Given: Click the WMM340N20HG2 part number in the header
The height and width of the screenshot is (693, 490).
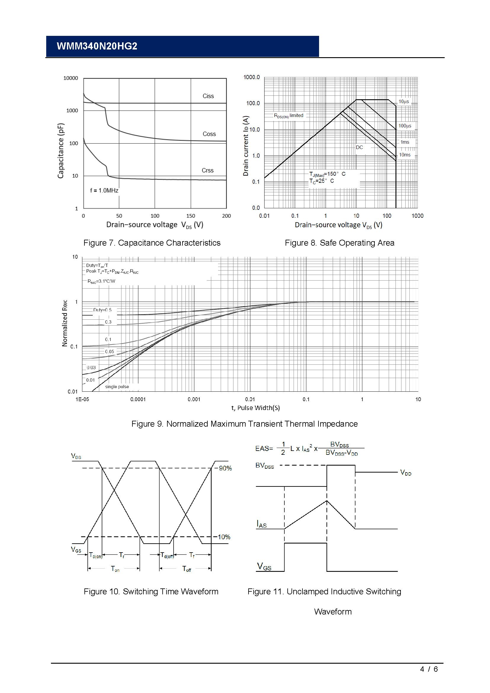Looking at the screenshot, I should [97, 46].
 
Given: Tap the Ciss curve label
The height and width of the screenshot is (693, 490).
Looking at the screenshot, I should [208, 96].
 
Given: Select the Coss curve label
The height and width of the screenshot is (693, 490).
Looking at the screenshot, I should [209, 134].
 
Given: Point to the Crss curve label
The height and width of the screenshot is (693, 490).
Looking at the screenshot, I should [208, 171].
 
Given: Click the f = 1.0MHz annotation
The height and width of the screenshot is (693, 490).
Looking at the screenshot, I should [104, 191].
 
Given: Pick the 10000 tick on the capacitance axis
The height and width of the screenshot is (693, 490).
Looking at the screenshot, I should [71, 78].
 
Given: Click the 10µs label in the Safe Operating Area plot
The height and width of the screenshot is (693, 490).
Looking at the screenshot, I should [404, 102].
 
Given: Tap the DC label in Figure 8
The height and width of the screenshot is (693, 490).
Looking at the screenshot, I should [359, 147].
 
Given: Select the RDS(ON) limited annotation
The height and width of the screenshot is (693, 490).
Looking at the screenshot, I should [289, 116].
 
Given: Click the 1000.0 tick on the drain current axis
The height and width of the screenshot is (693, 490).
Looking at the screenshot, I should [251, 77].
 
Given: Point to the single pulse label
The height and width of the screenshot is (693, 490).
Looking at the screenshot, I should [117, 387].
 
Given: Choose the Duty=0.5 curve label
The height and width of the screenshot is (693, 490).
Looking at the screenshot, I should [102, 310].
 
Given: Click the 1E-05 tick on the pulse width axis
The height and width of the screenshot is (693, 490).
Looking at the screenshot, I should [82, 399].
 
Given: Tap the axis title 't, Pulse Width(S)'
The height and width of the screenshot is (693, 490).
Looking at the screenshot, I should [256, 408].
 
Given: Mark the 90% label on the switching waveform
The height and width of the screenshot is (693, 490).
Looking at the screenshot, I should [225, 468].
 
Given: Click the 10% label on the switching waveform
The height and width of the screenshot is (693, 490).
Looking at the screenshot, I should [224, 537].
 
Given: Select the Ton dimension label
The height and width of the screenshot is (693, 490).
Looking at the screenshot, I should [115, 569].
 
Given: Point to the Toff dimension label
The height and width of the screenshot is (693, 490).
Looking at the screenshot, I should [187, 569].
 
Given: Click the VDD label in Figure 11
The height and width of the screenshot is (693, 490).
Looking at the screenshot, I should [406, 473].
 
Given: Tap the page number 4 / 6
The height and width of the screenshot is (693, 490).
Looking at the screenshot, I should [429, 669].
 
